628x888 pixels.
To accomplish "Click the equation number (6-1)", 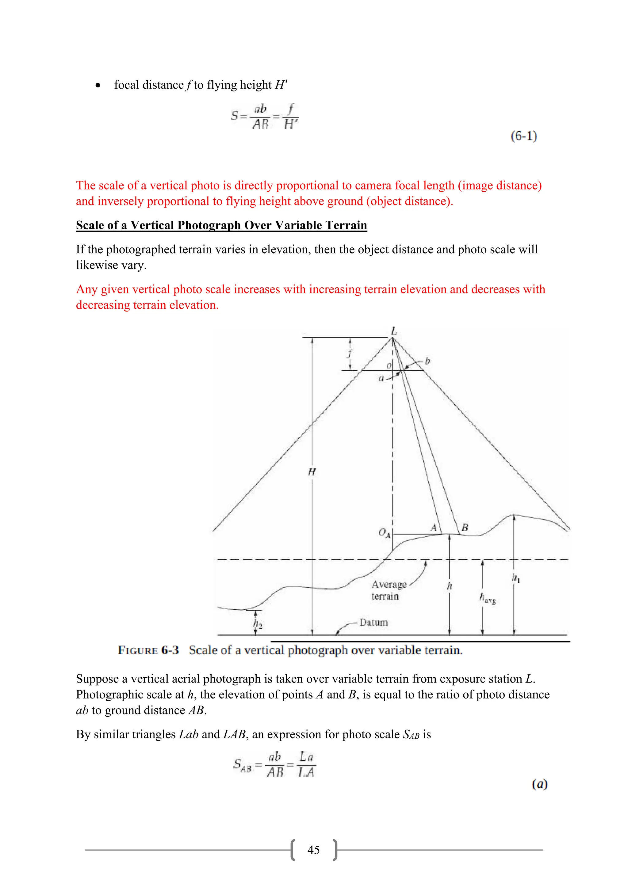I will [x=524, y=136].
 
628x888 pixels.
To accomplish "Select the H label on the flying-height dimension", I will [x=312, y=472].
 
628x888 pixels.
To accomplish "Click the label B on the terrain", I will [x=465, y=527].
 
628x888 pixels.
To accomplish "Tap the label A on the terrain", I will [x=434, y=527].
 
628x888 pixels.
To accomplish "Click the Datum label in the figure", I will [x=373, y=622].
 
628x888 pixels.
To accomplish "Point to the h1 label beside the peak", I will [x=516, y=578].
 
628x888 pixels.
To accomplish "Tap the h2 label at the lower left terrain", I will [x=258, y=623].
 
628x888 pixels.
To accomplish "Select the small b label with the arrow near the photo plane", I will [x=427, y=361].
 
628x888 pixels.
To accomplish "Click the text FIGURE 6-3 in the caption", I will [x=148, y=650].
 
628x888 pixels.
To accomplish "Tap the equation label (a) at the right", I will [x=539, y=784].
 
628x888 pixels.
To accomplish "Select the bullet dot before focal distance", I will [x=98, y=86].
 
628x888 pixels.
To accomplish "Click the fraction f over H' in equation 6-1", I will [x=290, y=117].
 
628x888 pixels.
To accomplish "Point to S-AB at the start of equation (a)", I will [x=242, y=765].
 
